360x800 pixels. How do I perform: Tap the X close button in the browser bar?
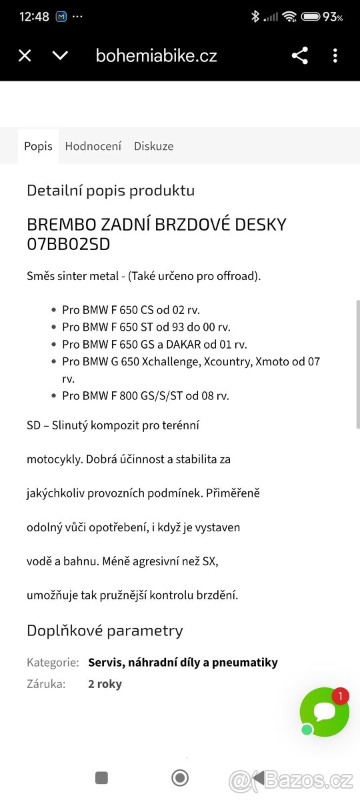pyautogui.click(x=25, y=55)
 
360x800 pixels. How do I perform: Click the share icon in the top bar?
pyautogui.click(x=300, y=55)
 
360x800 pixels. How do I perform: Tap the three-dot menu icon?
pyautogui.click(x=335, y=55)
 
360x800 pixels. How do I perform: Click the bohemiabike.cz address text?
pyautogui.click(x=157, y=55)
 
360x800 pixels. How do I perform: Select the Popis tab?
pyautogui.click(x=38, y=146)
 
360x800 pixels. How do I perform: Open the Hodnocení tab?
pyautogui.click(x=93, y=146)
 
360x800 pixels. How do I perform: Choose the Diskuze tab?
pyautogui.click(x=153, y=146)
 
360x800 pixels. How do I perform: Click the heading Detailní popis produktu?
pyautogui.click(x=111, y=191)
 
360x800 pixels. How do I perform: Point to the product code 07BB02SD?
pyautogui.click(x=68, y=245)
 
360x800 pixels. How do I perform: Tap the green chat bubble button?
pyautogui.click(x=325, y=712)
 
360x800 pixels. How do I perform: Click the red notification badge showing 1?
pyautogui.click(x=340, y=696)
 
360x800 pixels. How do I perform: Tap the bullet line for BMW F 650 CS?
pyautogui.click(x=131, y=310)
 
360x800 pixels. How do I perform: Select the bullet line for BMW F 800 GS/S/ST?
pyautogui.click(x=145, y=395)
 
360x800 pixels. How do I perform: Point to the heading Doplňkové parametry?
pyautogui.click(x=105, y=631)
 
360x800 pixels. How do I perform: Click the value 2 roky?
pyautogui.click(x=105, y=683)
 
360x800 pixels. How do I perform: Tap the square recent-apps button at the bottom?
pyautogui.click(x=101, y=777)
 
